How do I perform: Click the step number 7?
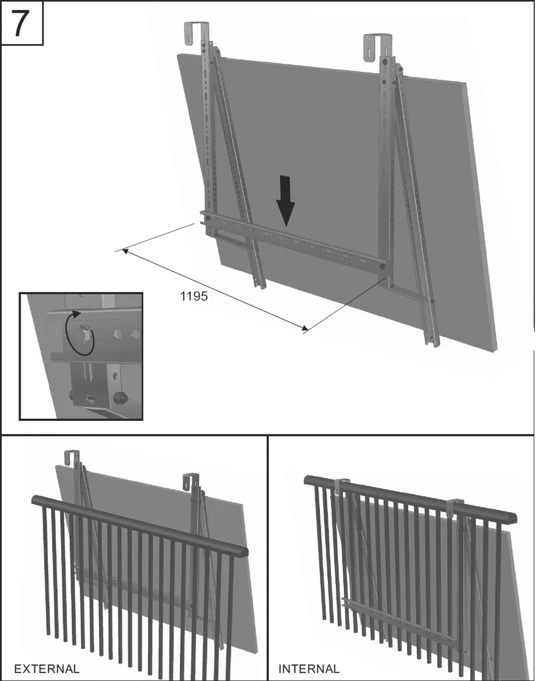[20, 23]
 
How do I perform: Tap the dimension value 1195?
[194, 296]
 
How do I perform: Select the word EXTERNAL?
[47, 668]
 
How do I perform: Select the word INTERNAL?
[309, 668]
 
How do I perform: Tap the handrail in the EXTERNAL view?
[140, 525]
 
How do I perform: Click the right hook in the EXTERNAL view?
[191, 481]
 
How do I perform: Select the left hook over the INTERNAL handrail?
[341, 487]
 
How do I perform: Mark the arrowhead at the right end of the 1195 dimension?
[305, 329]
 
